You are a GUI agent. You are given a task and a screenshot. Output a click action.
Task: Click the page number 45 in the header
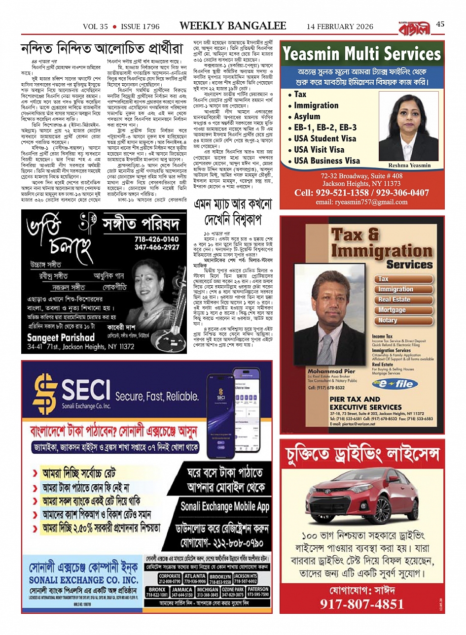[x=440, y=24]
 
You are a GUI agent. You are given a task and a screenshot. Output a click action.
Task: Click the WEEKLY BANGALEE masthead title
[x=233, y=26]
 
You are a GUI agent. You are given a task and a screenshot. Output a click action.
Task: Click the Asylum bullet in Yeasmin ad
[x=307, y=116]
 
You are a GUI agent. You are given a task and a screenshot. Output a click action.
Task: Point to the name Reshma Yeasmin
[x=409, y=166]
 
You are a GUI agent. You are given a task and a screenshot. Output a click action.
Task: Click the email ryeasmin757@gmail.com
[x=361, y=202]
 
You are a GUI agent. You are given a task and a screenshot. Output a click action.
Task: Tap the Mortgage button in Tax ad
[x=392, y=310]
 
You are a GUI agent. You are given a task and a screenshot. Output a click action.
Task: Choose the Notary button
[x=388, y=320]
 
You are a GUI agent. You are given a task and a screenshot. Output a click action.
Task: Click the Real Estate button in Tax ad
[x=394, y=300]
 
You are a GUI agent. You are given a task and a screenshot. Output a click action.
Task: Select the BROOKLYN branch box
[x=220, y=579]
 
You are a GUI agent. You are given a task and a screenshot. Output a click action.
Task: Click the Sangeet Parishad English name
[x=61, y=338]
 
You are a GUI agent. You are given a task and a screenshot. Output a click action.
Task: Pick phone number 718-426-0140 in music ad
[x=157, y=239]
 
